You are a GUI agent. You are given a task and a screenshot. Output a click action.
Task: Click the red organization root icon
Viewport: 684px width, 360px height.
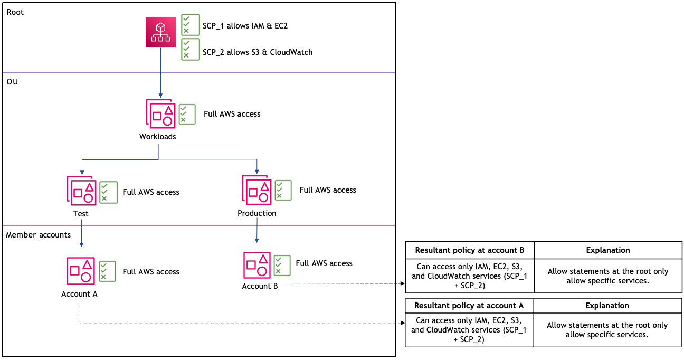pyautogui.click(x=160, y=32)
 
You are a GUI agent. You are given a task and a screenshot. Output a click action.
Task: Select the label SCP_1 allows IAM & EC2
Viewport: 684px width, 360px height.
pyautogui.click(x=245, y=25)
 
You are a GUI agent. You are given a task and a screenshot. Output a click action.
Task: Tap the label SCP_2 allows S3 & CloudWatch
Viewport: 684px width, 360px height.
pyautogui.click(x=258, y=52)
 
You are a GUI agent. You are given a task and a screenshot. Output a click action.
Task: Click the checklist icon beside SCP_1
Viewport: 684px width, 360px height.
pyautogui.click(x=191, y=25)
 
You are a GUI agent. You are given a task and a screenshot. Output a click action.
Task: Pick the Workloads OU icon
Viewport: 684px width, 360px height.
pyautogui.click(x=160, y=113)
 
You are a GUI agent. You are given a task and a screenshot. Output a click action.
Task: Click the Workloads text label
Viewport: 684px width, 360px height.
pyautogui.click(x=157, y=137)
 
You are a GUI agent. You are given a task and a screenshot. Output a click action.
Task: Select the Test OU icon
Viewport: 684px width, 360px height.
pyautogui.click(x=81, y=191)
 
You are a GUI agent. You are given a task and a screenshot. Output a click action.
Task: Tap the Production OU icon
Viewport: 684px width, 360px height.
pyautogui.click(x=256, y=190)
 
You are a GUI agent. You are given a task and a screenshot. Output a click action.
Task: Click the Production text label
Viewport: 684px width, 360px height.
pyautogui.click(x=256, y=213)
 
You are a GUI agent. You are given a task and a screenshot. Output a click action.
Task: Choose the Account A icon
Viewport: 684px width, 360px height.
pyautogui.click(x=81, y=271)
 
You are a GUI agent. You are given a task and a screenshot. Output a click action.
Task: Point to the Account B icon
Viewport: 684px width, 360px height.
pyautogui.click(x=257, y=264)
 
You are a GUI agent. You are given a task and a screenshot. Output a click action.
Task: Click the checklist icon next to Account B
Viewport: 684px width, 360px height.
pyautogui.click(x=282, y=266)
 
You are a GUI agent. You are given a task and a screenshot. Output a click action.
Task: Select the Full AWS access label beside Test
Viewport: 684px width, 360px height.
pyautogui.click(x=151, y=192)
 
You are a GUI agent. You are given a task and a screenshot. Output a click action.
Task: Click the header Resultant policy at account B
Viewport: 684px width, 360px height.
pyautogui.click(x=469, y=250)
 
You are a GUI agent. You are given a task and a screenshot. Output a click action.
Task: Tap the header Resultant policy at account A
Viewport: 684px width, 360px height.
pyautogui.click(x=469, y=306)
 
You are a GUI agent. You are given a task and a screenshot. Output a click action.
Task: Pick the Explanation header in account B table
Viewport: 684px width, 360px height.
pyautogui.click(x=608, y=250)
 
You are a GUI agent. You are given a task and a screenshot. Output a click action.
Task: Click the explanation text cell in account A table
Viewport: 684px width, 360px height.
pyautogui.click(x=607, y=330)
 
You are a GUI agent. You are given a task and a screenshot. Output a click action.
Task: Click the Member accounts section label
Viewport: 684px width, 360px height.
pyautogui.click(x=38, y=235)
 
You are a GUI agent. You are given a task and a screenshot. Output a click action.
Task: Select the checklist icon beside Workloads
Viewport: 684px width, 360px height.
pyautogui.click(x=187, y=114)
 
